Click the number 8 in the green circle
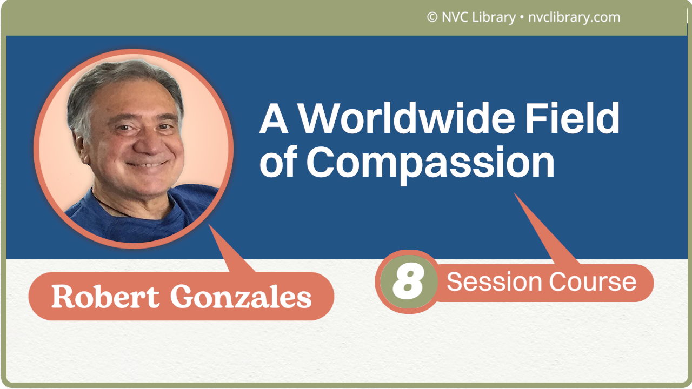tap(408, 281)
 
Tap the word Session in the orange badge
tap(495, 282)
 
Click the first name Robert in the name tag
tap(105, 297)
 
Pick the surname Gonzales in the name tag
tap(241, 297)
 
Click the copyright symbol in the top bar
tap(432, 17)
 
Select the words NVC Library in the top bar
tap(479, 17)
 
